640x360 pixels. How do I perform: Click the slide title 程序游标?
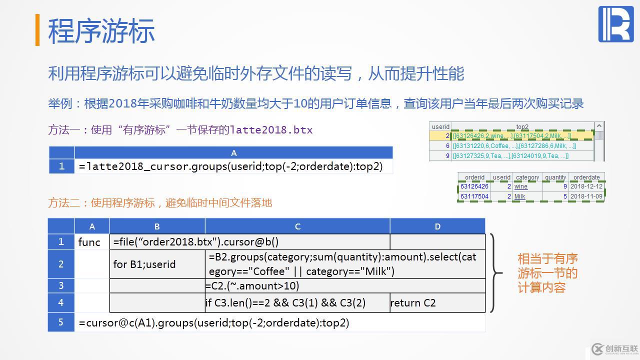(x=101, y=31)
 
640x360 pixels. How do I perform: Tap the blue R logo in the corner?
(x=615, y=24)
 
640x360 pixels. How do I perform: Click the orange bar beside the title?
(x=37, y=29)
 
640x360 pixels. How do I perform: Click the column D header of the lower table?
(x=437, y=226)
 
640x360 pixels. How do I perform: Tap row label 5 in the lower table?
(x=61, y=322)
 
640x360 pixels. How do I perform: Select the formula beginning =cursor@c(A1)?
(x=213, y=323)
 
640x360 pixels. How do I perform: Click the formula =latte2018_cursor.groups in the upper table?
(x=230, y=166)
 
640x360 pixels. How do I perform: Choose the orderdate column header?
(x=586, y=177)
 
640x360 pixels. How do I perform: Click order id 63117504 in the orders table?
(x=474, y=196)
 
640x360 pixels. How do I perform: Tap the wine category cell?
(x=521, y=186)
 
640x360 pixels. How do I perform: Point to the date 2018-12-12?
(x=586, y=186)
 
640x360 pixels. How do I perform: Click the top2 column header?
(x=522, y=126)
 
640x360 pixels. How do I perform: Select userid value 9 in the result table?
(x=447, y=155)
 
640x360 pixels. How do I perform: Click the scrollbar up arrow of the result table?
(x=599, y=126)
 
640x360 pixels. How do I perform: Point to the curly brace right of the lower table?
(x=496, y=273)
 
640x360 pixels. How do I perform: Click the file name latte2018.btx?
(x=271, y=130)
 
